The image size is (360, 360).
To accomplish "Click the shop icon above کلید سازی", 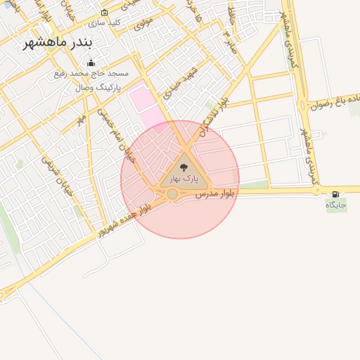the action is pos(105,13).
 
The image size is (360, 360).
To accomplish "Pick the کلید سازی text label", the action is pos(105,22).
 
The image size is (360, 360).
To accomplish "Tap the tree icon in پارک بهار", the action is pos(184,167).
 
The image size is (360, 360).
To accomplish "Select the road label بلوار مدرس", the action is pos(215,191).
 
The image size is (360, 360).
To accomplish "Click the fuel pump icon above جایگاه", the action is pos(335,194).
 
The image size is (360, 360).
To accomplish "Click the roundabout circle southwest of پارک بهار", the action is pos(172,193).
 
